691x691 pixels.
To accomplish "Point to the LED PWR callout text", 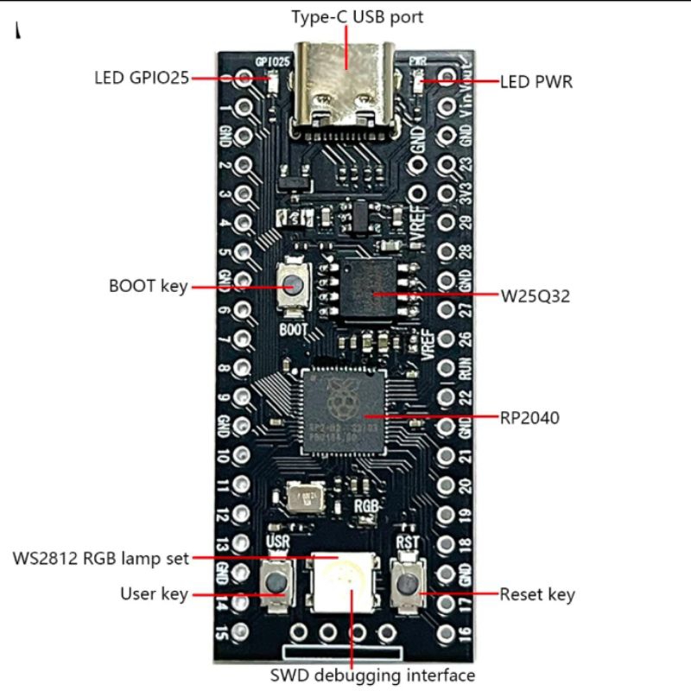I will (x=536, y=83).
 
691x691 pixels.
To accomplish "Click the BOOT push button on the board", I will (x=294, y=286).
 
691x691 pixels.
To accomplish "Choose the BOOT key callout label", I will (x=149, y=287).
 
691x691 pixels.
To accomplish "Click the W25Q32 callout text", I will (x=536, y=297).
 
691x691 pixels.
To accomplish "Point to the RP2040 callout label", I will (x=529, y=418).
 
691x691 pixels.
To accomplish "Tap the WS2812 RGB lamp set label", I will (x=100, y=558).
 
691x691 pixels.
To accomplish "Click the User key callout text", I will (x=154, y=594).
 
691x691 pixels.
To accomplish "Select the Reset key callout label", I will (x=537, y=594).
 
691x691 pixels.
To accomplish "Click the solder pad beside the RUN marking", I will (x=446, y=369).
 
